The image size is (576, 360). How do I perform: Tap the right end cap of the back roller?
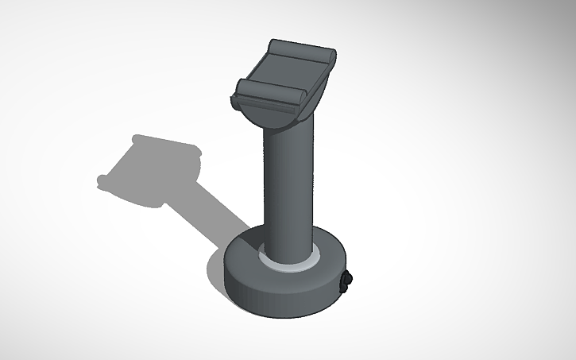331,57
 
